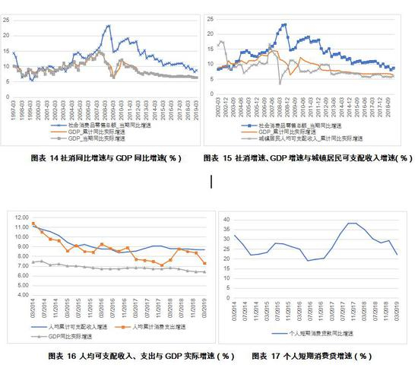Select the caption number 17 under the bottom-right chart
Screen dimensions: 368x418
tap(283, 355)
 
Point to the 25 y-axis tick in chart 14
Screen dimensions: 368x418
tap(6, 13)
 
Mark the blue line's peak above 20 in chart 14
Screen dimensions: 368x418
tap(108, 26)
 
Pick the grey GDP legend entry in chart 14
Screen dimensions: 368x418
tap(90, 141)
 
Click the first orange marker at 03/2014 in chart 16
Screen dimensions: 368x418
tap(33, 224)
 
